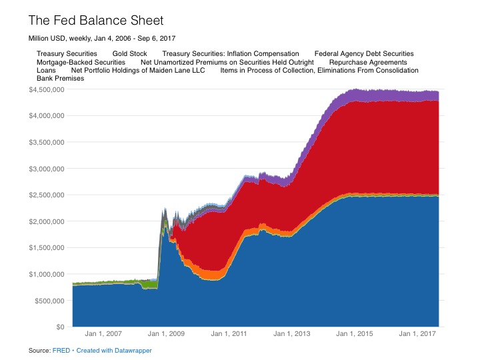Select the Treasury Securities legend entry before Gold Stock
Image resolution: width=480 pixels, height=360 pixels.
[x=67, y=53]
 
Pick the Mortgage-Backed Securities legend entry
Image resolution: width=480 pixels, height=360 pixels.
[x=81, y=61]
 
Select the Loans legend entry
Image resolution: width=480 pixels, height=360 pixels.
[x=46, y=70]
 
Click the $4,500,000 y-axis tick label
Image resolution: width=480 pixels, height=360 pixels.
[x=47, y=89]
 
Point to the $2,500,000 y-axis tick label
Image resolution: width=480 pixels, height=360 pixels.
[x=47, y=195]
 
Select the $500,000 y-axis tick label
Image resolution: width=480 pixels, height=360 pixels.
[x=49, y=301]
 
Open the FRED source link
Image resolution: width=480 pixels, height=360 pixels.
[x=61, y=350]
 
